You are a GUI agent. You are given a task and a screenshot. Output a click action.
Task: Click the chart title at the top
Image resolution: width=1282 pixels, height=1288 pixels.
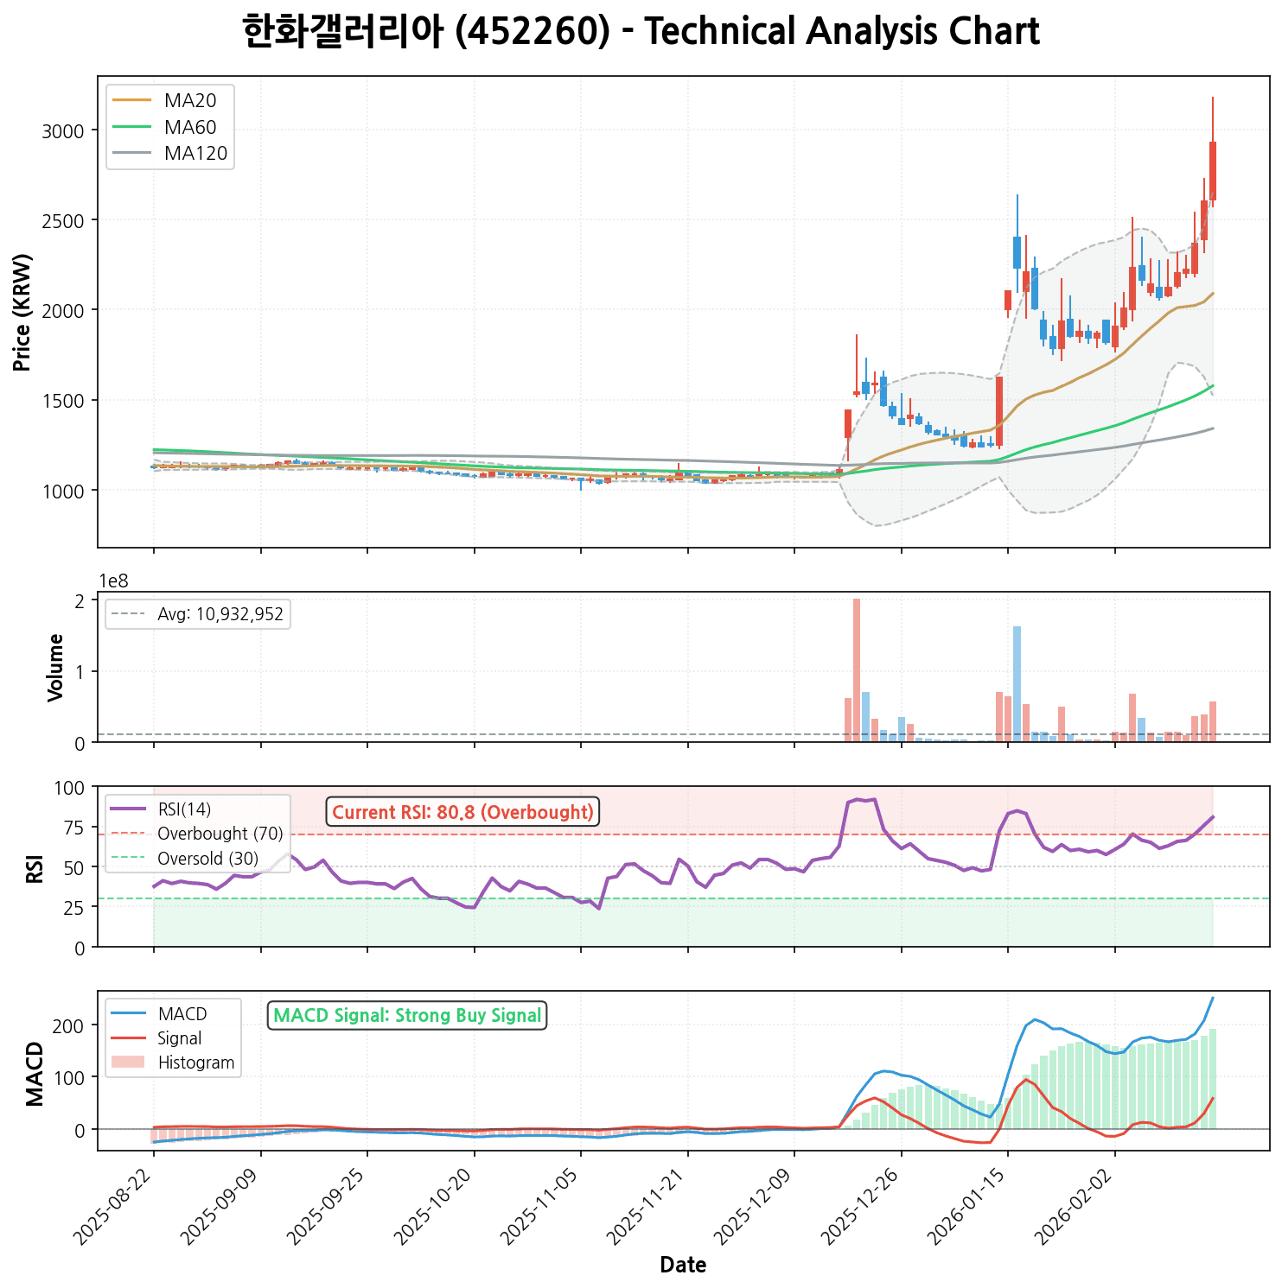641,33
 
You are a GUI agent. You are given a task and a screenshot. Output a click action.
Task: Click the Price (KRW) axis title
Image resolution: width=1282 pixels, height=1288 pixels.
22,312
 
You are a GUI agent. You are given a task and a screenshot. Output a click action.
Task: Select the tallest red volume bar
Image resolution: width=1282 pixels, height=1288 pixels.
857,669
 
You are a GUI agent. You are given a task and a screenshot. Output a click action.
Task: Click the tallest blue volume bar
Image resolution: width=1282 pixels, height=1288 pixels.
1017,683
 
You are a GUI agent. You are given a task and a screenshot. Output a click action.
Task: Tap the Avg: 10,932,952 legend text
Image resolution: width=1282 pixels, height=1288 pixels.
220,614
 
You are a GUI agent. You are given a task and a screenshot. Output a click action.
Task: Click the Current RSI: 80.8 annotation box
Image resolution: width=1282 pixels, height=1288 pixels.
462,812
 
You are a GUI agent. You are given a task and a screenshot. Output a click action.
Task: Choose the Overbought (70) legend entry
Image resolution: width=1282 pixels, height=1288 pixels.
220,834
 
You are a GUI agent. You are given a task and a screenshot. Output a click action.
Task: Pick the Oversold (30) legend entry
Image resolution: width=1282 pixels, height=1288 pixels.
207,859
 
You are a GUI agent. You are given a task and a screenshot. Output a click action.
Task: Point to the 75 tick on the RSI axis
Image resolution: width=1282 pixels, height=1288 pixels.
73,828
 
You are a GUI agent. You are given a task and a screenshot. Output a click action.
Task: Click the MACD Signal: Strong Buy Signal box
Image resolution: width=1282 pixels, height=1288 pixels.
407,1015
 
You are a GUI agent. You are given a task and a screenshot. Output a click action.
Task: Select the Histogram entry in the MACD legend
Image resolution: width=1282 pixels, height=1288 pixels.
195,1063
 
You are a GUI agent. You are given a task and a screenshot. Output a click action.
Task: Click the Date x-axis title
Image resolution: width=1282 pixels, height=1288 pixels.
683,1266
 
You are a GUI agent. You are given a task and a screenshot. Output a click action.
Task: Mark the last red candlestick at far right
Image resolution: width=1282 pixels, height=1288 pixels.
1213,171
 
